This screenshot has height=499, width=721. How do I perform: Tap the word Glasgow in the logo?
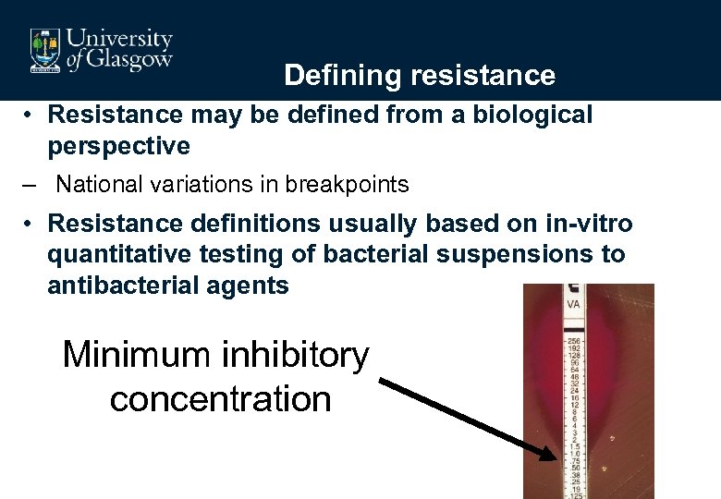click(x=129, y=60)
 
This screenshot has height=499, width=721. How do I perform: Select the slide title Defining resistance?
click(x=420, y=75)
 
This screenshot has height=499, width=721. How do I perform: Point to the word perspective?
click(x=118, y=146)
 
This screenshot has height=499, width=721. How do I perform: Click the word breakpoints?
click(x=348, y=185)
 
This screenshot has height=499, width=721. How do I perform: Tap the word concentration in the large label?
click(x=220, y=399)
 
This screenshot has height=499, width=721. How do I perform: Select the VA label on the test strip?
click(x=573, y=302)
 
